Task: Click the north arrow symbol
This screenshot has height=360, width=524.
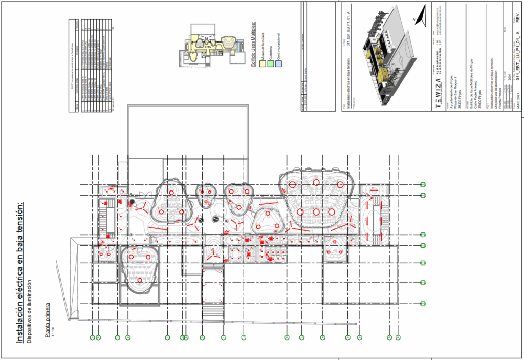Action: pos(421,18)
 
